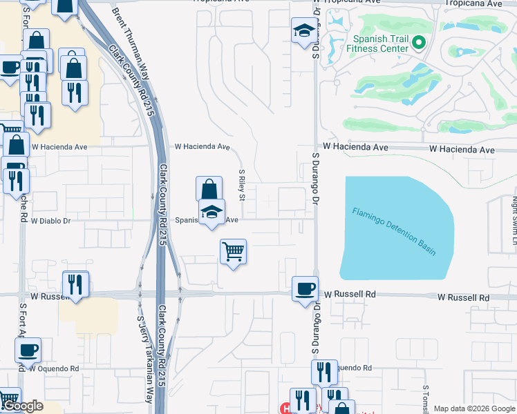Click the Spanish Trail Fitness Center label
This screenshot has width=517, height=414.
tap(379, 44)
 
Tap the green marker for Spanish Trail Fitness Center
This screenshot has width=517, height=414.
tap(418, 44)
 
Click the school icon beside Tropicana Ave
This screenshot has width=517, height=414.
tap(303, 30)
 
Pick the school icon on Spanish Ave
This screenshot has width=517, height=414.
tap(212, 212)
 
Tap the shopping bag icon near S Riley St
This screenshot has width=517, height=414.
tap(209, 189)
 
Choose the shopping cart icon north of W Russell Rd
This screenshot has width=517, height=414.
tap(234, 251)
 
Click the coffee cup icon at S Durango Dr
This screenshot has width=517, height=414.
tap(305, 288)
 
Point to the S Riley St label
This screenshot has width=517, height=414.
tap(242, 186)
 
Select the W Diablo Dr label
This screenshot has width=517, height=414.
tap(52, 221)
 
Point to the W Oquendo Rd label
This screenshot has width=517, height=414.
tap(54, 368)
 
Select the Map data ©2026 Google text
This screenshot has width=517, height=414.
tap(474, 408)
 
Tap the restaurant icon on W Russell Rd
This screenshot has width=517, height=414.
tap(75, 284)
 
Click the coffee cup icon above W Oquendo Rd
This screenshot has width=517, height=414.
tap(28, 350)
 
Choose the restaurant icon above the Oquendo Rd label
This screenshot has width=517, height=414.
tap(323, 372)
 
